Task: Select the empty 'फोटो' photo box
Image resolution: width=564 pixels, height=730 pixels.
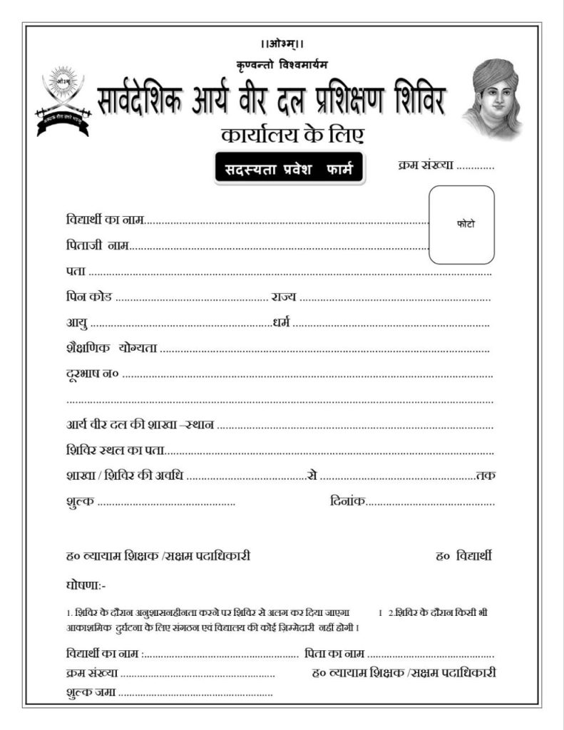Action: (x=461, y=225)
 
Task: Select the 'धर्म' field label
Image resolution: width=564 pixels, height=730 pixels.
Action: (x=282, y=322)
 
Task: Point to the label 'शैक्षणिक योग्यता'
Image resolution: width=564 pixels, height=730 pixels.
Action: (x=111, y=349)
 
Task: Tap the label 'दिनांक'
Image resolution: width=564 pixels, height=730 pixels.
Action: (x=348, y=502)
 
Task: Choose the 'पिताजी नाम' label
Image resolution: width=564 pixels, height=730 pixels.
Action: (x=96, y=246)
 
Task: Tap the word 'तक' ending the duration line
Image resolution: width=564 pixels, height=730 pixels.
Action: (x=486, y=475)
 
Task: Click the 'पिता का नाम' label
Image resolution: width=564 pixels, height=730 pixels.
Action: (x=334, y=653)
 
